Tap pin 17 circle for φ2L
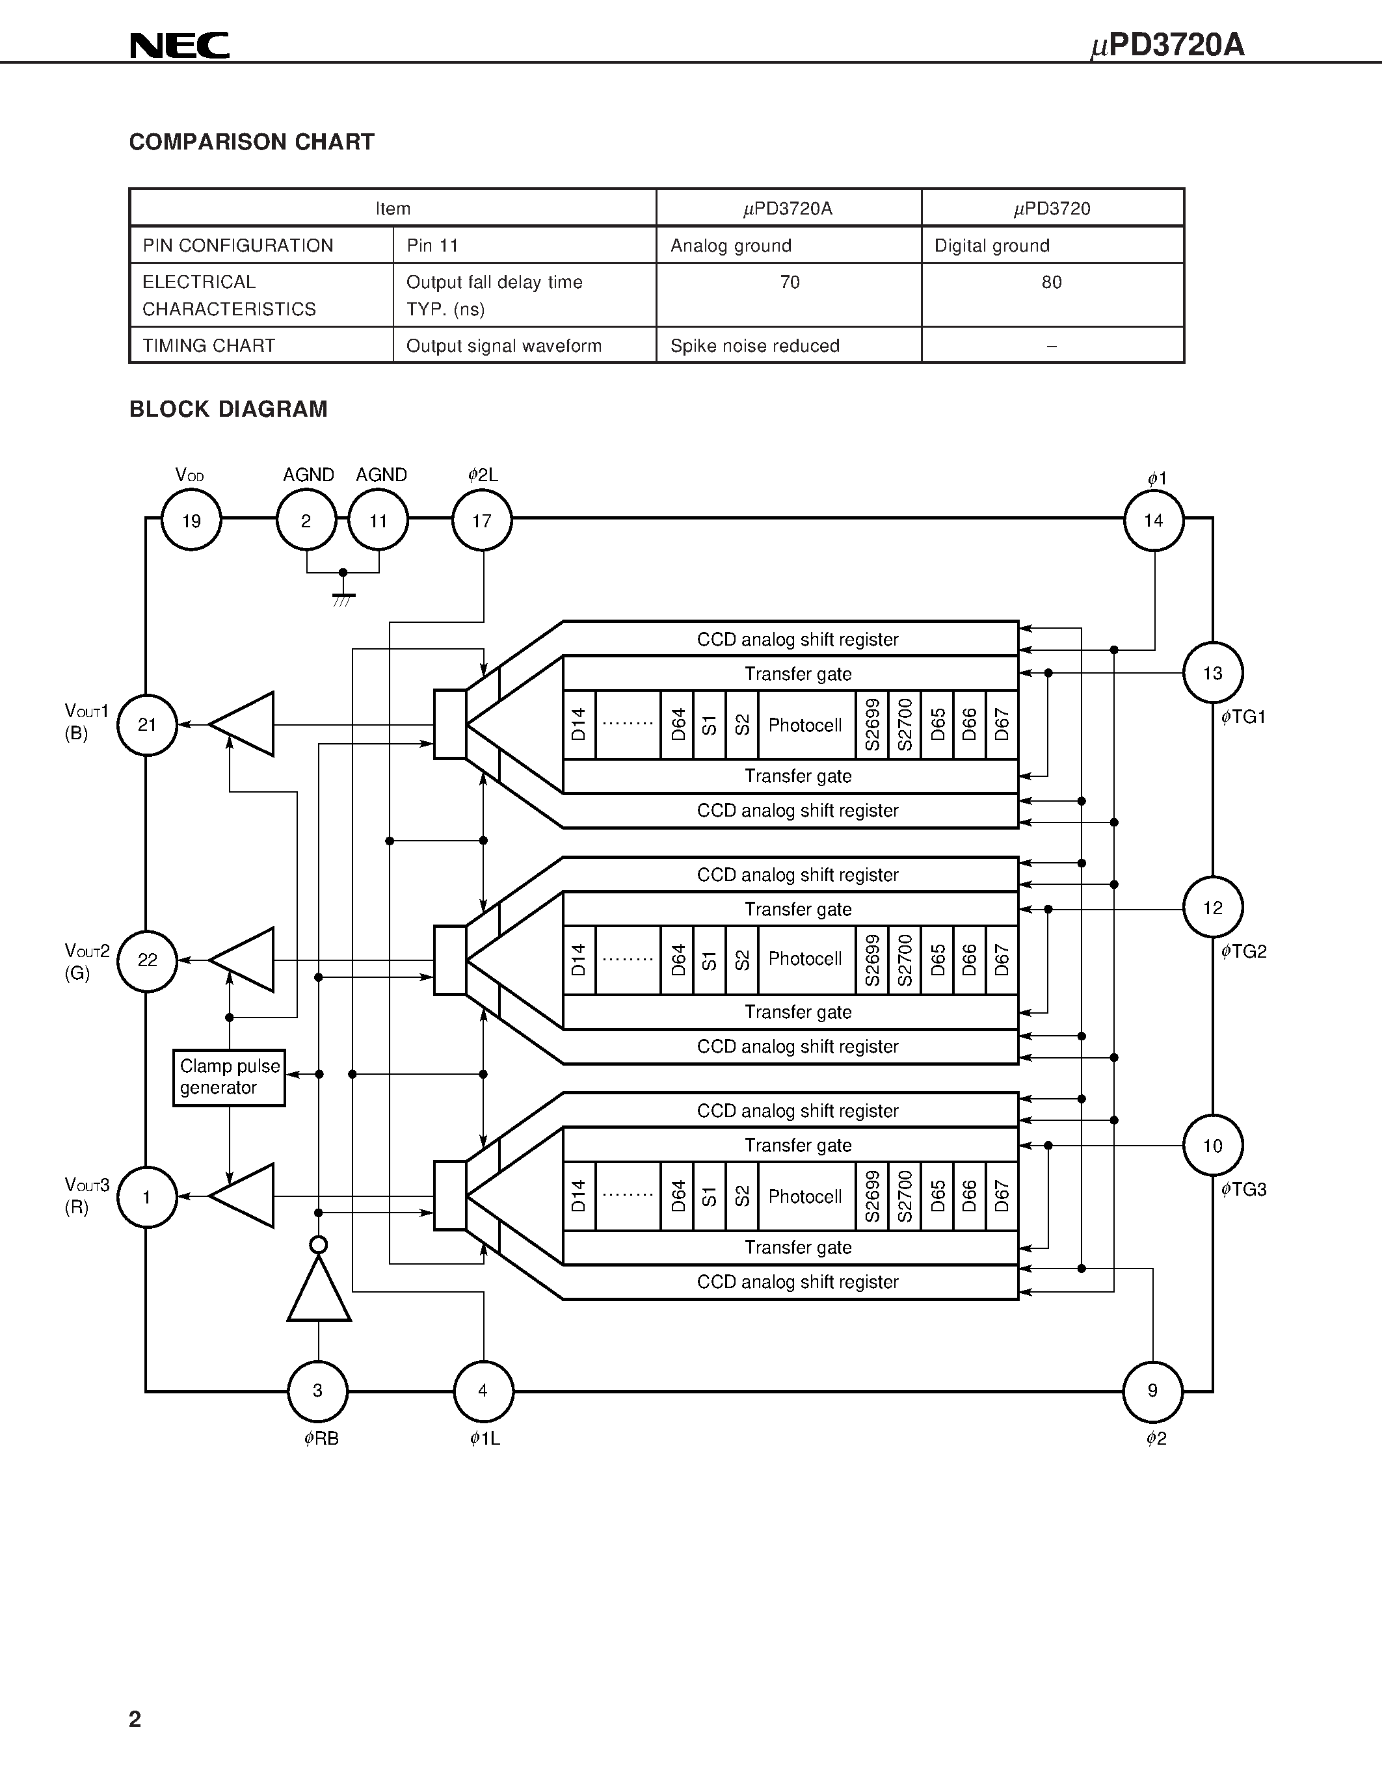482,521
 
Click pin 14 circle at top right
1154,521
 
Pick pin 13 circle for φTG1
1212,673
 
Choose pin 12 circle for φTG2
1212,908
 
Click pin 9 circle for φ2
1153,1391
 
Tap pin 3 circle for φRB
317,1391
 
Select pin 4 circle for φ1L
483,1391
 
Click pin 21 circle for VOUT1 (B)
148,724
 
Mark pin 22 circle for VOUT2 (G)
148,960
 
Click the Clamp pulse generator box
229,1077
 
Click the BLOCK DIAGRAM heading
228,410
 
